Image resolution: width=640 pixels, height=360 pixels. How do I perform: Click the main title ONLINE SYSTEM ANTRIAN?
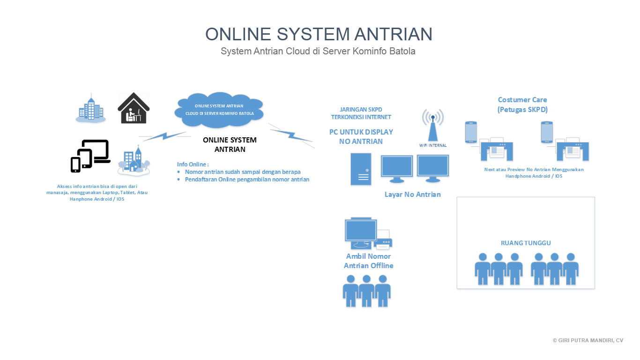coord(319,34)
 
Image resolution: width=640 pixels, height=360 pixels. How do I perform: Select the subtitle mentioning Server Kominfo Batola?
coord(318,51)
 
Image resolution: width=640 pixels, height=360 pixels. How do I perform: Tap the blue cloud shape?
coord(218,111)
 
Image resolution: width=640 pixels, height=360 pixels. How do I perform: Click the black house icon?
coord(133,108)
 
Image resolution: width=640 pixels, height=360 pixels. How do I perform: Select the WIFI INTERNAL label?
coord(432,145)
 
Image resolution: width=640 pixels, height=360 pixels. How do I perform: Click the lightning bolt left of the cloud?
coord(164,136)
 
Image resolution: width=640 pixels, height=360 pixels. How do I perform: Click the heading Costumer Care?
coord(522,100)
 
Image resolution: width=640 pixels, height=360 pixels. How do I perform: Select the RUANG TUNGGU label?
coord(526,243)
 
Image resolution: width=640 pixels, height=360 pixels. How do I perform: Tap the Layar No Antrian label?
coord(412,195)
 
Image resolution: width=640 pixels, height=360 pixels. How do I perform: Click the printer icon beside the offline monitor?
coord(384,240)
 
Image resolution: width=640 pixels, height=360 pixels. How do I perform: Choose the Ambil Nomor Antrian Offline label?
coord(368,261)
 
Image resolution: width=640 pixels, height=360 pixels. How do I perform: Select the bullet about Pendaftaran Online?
coord(247,180)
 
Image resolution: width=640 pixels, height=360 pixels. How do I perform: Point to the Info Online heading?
coord(193,164)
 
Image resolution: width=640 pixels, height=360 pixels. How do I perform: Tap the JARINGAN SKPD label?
coord(361,110)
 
